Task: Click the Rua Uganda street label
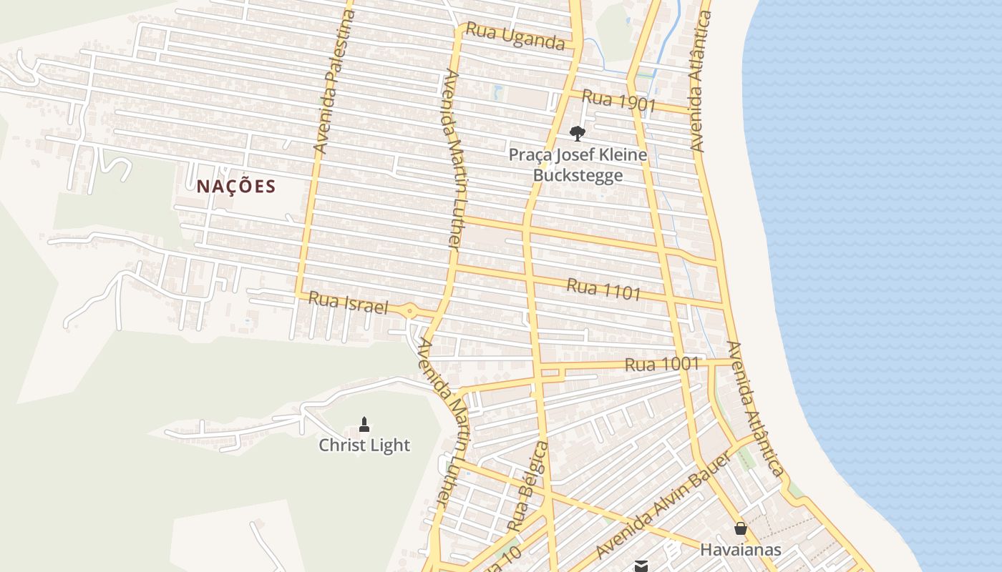515,36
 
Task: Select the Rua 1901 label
618,101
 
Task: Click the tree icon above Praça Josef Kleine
577,133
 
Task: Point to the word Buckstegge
578,175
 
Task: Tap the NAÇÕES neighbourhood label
236,187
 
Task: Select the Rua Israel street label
348,303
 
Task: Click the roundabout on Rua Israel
409,310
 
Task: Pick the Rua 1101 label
603,290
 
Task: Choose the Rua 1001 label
661,364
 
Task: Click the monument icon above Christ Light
364,425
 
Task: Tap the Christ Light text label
364,445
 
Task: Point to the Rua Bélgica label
528,486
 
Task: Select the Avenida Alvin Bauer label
663,505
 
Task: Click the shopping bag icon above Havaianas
741,529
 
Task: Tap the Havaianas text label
741,550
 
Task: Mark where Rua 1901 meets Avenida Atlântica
692,111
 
